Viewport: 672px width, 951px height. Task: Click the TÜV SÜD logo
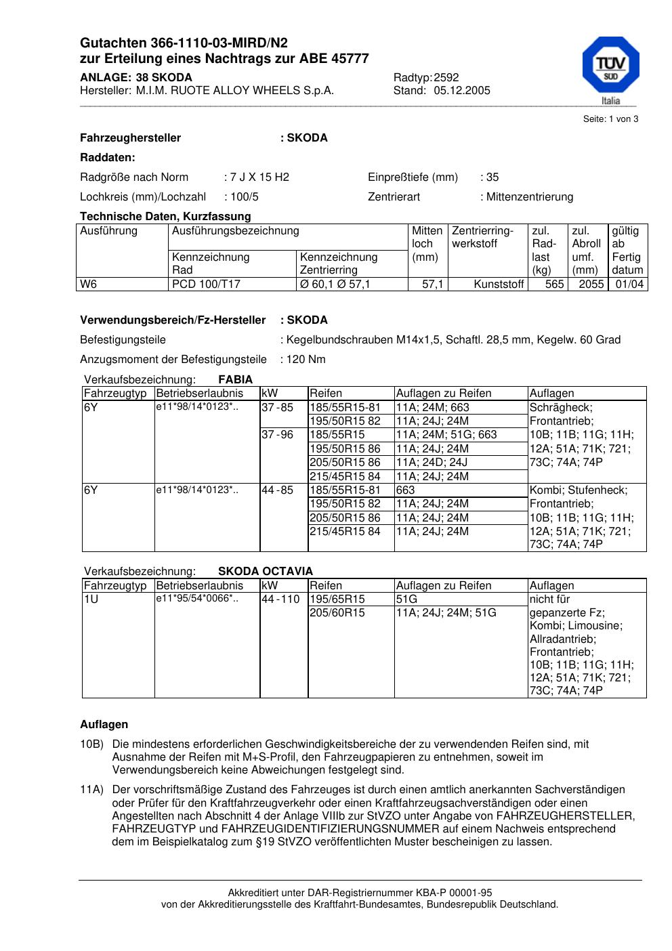(x=610, y=67)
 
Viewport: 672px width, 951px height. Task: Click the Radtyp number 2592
(x=446, y=78)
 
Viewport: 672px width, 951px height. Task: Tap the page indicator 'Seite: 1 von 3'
(x=610, y=119)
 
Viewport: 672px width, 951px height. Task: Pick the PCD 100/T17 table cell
(x=206, y=284)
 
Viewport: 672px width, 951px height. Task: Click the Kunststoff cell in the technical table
(x=499, y=284)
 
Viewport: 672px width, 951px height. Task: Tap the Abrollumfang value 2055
(x=591, y=284)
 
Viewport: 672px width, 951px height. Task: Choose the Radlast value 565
(x=554, y=284)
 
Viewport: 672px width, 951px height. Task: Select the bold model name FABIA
(x=235, y=380)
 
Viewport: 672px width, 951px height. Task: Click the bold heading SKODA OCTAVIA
(x=266, y=572)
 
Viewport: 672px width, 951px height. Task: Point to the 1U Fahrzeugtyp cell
(x=91, y=599)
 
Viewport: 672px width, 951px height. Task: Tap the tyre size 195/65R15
(x=337, y=599)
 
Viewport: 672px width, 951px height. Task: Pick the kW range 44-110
(x=280, y=599)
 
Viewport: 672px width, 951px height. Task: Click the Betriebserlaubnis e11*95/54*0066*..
(x=196, y=599)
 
